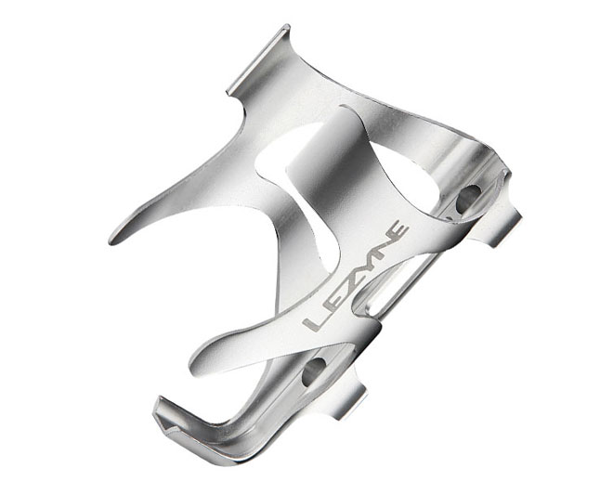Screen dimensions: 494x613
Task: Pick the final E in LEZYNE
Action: (398, 230)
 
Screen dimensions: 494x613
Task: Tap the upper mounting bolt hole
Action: (468, 197)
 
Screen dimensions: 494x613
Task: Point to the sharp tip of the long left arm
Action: (113, 238)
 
